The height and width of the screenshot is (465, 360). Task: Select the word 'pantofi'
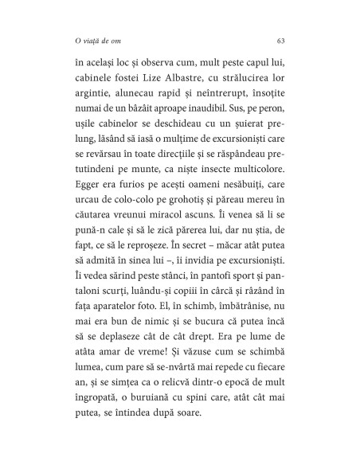186,305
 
